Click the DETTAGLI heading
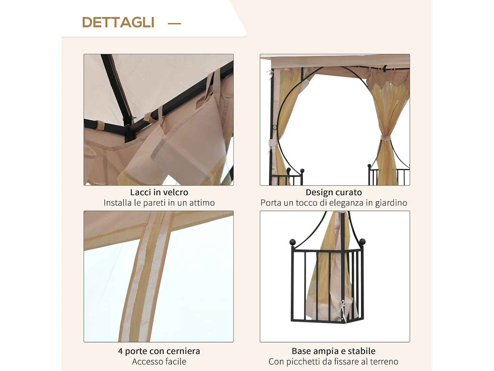coord(118,22)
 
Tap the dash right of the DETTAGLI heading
coord(175,23)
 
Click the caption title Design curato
coord(334,192)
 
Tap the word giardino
coord(391,203)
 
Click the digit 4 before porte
coord(120,352)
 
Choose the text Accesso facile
coord(159,362)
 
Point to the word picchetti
coord(303,362)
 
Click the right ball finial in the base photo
coord(362,242)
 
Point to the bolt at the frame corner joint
coord(133,117)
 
